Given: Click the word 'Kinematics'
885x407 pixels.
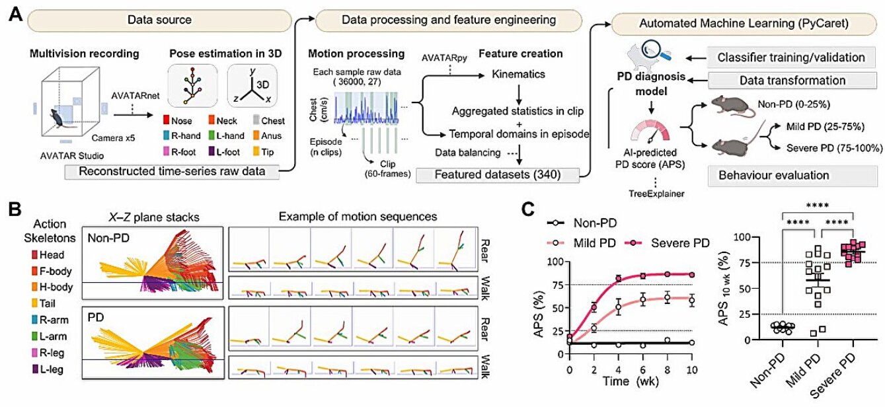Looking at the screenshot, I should tap(519, 74).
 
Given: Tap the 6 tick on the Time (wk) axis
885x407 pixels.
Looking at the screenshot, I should tap(642, 369).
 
